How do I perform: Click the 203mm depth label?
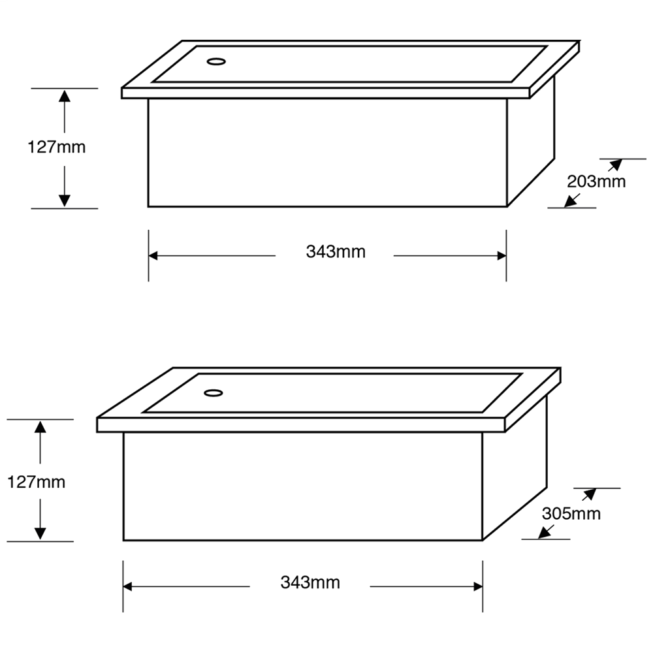coord(596,181)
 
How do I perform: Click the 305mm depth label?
coord(571,513)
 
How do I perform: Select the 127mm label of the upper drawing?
coord(57,147)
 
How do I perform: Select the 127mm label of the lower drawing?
coord(36,483)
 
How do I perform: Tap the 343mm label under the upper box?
coord(336,251)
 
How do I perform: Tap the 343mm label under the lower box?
coord(310,582)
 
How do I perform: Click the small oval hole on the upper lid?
coord(215,62)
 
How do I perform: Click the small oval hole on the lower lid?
coord(213,393)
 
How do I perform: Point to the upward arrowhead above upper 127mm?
coord(64,96)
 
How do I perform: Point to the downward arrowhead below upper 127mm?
coord(64,200)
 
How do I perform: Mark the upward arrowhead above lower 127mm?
coord(40,427)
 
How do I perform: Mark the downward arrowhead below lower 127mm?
coord(40,533)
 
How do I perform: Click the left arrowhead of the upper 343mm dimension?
coord(154,256)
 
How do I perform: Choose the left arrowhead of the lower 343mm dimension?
coord(129,587)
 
